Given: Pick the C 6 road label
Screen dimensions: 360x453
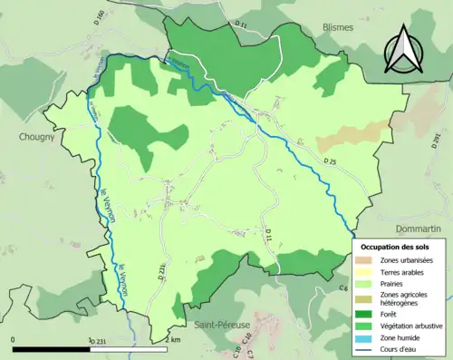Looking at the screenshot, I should click(343, 288).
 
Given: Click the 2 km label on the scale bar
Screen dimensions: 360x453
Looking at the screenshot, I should click(175, 340).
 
